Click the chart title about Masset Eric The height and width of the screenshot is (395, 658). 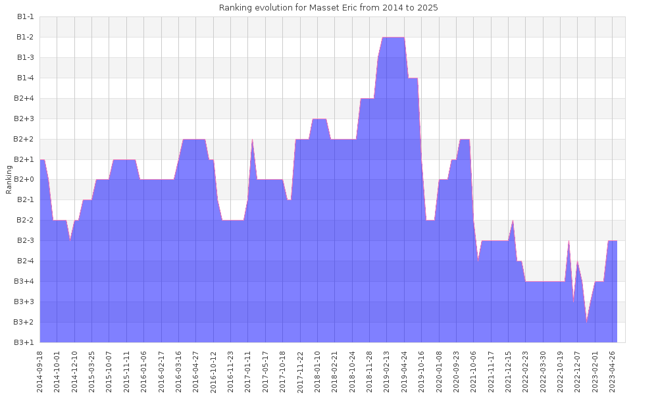[x=328, y=8]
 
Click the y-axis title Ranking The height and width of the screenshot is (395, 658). [x=9, y=179]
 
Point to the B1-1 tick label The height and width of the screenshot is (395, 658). [x=25, y=17]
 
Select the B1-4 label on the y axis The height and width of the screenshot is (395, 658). [x=25, y=78]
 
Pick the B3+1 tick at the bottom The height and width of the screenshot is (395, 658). [x=25, y=342]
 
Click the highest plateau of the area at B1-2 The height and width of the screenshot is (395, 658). [x=393, y=38]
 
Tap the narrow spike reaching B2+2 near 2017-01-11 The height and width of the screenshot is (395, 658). [x=253, y=141]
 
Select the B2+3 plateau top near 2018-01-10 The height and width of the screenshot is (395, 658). [x=320, y=120]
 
